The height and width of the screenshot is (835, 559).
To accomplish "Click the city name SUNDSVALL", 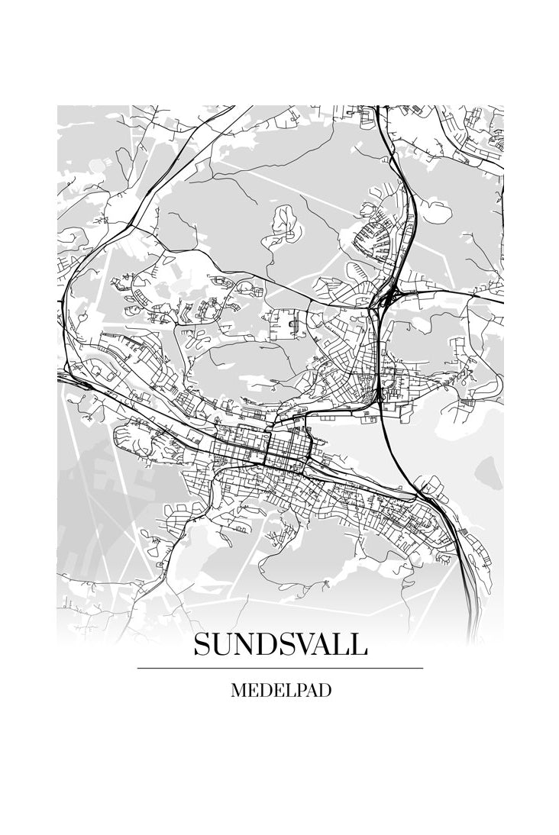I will click(280, 644).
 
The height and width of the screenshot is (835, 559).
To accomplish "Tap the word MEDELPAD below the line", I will click(280, 691).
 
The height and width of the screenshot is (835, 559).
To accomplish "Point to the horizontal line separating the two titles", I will click(280, 668).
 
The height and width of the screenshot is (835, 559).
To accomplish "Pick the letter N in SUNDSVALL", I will click(242, 644).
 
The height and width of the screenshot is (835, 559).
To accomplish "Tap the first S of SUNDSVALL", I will click(202, 644).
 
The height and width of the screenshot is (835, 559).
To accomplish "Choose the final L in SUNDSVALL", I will click(358, 644).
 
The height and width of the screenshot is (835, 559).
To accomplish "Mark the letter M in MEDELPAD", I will click(237, 691).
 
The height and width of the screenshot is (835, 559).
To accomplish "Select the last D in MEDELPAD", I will click(325, 691).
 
